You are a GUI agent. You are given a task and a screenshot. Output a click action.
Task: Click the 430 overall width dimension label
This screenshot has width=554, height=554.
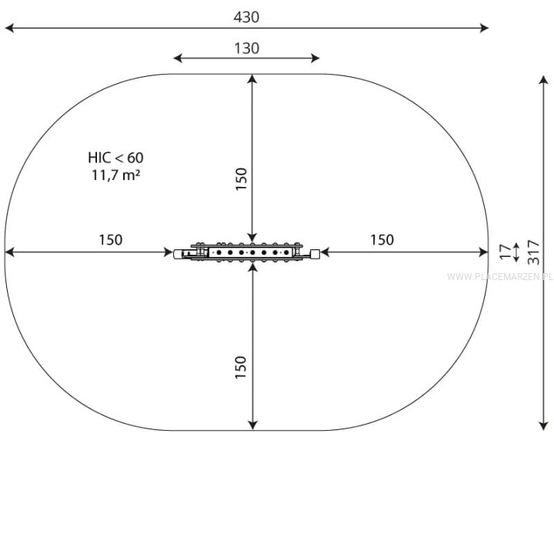[246, 17]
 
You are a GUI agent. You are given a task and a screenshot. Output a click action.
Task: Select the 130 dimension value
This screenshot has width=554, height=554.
[247, 48]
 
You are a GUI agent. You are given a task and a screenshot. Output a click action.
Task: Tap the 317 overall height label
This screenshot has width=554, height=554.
[533, 252]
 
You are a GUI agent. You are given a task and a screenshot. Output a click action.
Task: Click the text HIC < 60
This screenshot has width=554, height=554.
[116, 158]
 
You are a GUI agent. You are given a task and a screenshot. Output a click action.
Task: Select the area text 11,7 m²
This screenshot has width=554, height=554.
[116, 175]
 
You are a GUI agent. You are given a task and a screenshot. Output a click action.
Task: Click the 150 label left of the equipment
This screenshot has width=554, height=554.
[111, 240]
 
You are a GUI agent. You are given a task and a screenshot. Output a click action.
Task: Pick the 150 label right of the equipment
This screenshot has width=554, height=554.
[382, 240]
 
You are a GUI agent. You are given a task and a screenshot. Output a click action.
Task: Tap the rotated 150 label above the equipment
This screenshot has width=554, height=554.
[241, 179]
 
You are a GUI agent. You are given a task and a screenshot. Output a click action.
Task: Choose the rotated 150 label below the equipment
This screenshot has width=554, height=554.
[241, 368]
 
